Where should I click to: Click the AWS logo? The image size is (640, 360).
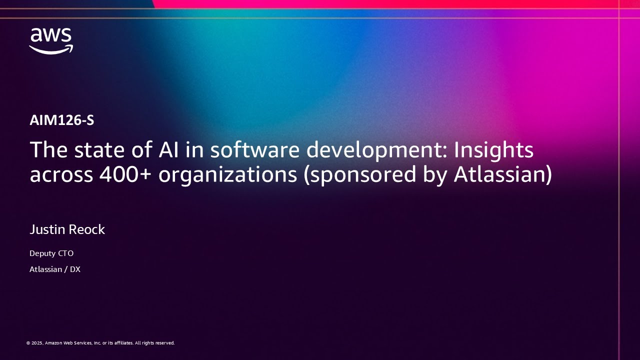click(51, 41)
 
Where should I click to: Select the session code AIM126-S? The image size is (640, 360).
click(62, 120)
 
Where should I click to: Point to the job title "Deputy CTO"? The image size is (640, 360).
click(51, 253)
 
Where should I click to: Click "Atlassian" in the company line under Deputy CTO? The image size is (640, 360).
click(46, 269)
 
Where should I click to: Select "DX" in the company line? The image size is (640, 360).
click(75, 269)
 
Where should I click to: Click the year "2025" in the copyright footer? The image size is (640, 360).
click(37, 343)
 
